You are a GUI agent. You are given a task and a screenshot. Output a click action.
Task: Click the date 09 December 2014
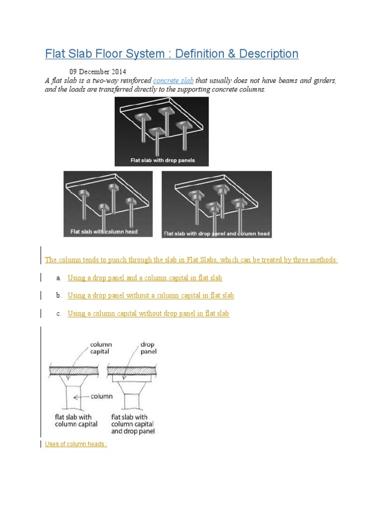point(98,72)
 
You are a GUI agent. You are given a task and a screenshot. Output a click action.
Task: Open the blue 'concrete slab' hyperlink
point(173,81)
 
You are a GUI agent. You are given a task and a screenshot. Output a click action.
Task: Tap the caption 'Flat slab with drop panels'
point(162,160)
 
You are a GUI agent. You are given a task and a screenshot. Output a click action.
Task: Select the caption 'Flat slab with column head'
point(104,232)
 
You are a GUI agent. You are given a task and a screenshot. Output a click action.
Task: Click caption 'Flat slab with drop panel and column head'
point(216,233)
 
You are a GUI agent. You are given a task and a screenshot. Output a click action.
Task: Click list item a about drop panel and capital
point(145,278)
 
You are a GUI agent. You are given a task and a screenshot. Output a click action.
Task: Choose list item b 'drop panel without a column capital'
point(151,295)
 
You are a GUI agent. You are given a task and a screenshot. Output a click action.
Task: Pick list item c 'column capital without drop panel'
point(148,313)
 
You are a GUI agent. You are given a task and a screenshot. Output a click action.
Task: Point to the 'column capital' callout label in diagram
point(101,348)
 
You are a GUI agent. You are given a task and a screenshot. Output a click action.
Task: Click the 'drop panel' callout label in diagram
point(148,348)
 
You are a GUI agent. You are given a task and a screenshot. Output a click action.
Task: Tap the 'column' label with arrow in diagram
point(102,396)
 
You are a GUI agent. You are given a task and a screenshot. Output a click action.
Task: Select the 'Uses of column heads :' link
point(76,444)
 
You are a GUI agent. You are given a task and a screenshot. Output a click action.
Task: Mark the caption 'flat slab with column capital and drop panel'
point(133,424)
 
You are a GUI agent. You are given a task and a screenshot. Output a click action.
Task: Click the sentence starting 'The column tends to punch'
point(191,260)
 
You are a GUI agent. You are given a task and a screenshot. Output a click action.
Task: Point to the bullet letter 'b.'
point(58,296)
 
